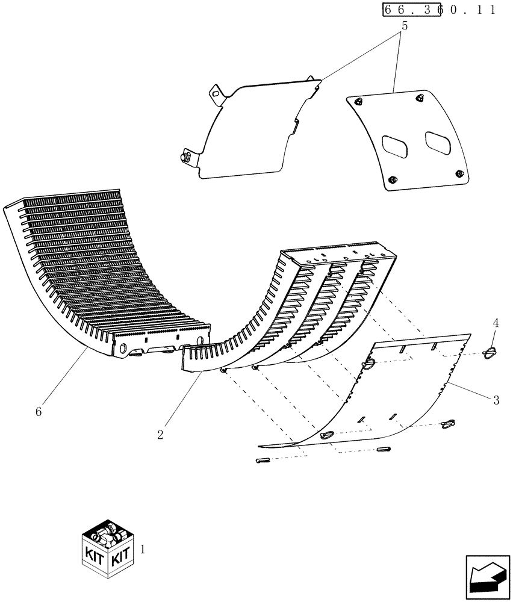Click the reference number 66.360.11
(438, 10)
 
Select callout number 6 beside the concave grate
(39, 412)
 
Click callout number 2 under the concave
(160, 435)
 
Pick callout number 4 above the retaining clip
(496, 323)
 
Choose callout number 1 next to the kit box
(142, 549)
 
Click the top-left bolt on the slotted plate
(358, 102)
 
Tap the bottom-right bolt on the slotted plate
(461, 174)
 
